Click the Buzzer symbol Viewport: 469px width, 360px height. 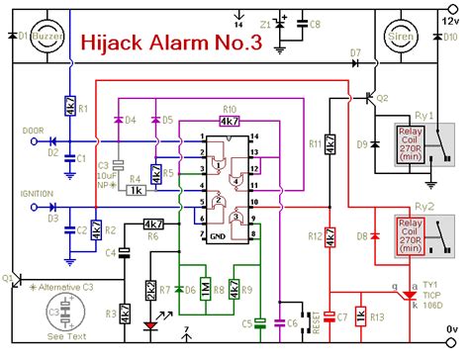click(x=47, y=37)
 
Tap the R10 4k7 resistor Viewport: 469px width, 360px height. click(x=229, y=121)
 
